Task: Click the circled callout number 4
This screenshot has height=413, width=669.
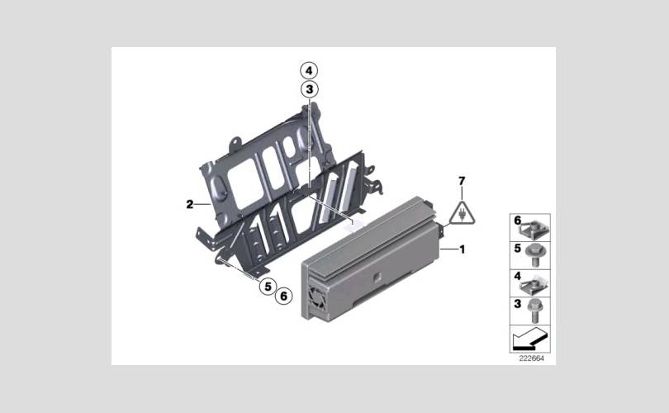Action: point(309,70)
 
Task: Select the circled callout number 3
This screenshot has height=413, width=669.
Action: point(310,89)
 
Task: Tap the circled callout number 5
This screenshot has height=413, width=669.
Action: point(268,286)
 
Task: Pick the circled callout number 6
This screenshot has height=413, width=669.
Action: point(284,295)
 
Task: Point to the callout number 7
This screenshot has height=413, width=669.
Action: point(462,182)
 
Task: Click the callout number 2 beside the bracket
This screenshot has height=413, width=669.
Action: point(190,204)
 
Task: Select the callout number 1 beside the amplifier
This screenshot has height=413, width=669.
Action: point(462,249)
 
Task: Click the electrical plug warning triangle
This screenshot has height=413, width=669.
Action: point(462,212)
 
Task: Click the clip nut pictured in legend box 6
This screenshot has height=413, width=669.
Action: point(534,230)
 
